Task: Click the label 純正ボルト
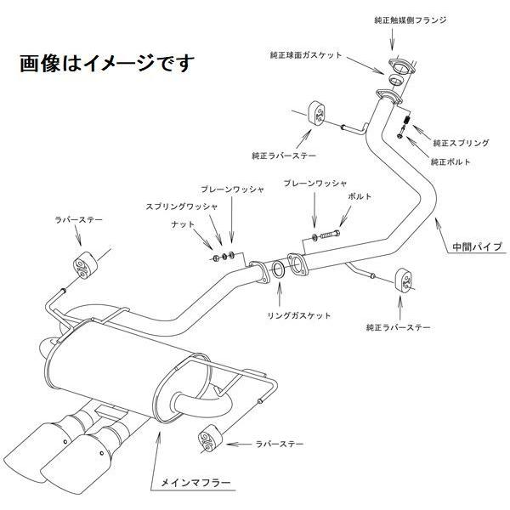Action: click(450, 161)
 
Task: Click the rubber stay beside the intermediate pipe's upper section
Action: click(316, 114)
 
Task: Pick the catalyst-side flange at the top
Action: click(396, 72)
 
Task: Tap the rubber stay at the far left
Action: click(83, 265)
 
